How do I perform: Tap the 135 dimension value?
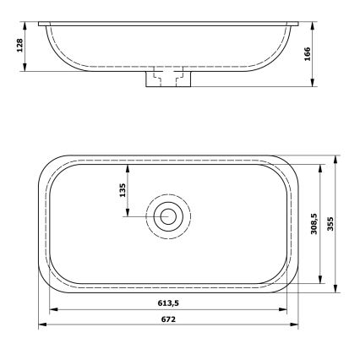[123, 190]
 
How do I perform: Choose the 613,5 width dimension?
[169, 303]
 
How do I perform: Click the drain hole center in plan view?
[168, 216]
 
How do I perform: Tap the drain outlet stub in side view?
[168, 79]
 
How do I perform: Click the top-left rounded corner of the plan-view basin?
[49, 166]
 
